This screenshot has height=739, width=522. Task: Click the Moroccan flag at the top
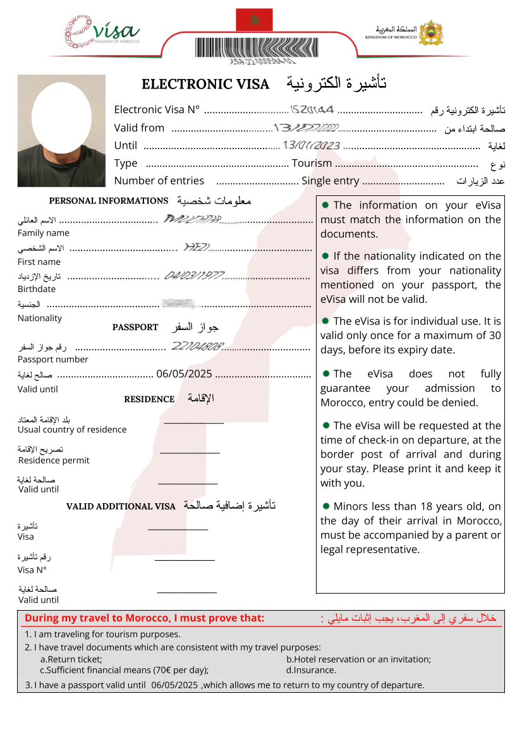[x=254, y=20]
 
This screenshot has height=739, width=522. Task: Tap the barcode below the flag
[x=262, y=48]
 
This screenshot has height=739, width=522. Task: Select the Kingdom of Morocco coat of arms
[x=431, y=32]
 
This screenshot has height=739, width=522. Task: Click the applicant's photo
[x=61, y=131]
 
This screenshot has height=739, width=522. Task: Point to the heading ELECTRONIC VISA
[x=205, y=84]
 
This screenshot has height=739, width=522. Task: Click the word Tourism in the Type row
[x=312, y=163]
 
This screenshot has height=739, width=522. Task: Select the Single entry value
[x=330, y=181]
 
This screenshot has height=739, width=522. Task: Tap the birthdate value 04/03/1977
[x=194, y=276]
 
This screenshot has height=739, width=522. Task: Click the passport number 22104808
[x=197, y=346]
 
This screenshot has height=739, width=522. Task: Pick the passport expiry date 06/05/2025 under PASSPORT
[x=184, y=374]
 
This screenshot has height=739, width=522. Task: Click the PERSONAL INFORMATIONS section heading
[x=108, y=201]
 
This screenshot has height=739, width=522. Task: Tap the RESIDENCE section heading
[x=149, y=400]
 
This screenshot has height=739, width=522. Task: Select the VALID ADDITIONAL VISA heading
[x=121, y=506]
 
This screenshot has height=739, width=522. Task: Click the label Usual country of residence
[x=72, y=430]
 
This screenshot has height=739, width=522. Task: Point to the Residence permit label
[x=54, y=460]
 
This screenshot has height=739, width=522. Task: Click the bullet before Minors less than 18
[x=325, y=506]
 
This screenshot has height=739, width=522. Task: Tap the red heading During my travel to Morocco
[x=144, y=618]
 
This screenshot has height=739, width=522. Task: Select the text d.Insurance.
[x=311, y=670]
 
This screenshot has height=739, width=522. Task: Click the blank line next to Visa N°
[x=185, y=559]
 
